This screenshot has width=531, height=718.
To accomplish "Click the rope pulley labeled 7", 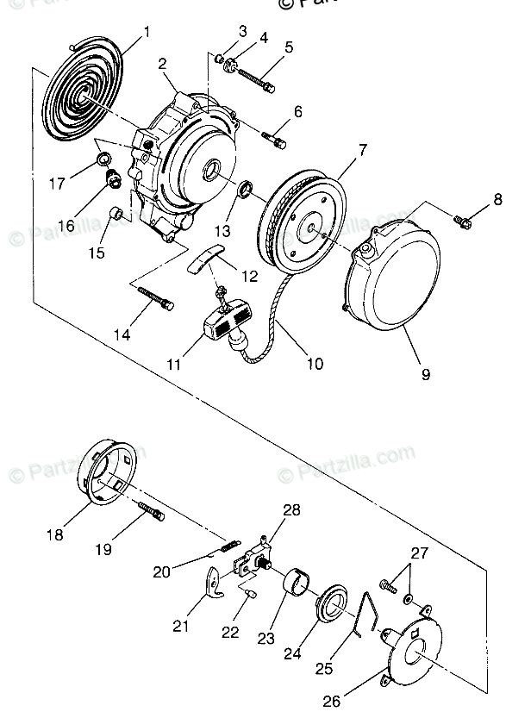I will (301, 215).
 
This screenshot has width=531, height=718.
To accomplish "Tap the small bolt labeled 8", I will (462, 222).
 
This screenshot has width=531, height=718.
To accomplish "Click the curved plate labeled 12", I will (206, 258).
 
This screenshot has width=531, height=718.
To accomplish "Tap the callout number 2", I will (161, 63).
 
